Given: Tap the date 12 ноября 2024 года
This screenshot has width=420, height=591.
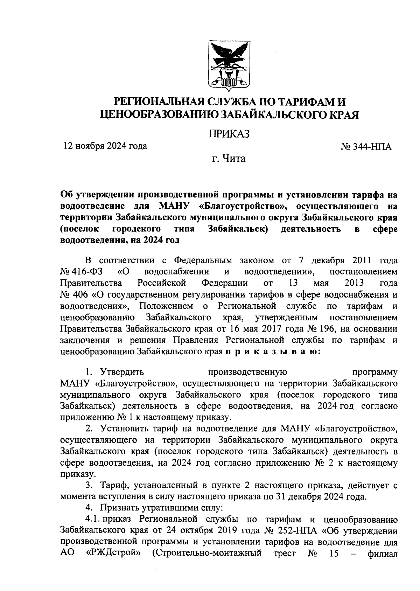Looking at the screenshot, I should pyautogui.click(x=105, y=146).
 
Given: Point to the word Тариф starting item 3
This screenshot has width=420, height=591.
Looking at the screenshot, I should pyautogui.click(x=114, y=486).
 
